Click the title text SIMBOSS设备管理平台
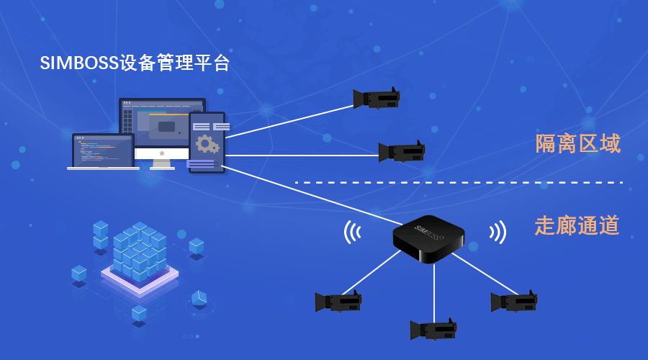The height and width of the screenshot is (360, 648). [x=135, y=63]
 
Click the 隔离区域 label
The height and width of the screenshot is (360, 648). [x=577, y=143]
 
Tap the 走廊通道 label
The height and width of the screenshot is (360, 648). [x=577, y=225]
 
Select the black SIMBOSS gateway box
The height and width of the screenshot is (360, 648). [x=428, y=238]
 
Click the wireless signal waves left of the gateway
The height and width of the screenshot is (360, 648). [x=352, y=232]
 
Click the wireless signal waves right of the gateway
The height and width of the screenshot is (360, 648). [x=497, y=232]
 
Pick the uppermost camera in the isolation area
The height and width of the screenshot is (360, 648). [x=376, y=99]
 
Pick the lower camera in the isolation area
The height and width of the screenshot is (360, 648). [x=402, y=151]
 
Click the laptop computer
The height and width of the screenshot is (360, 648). [x=103, y=152]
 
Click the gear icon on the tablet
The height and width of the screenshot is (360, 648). [x=207, y=145]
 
